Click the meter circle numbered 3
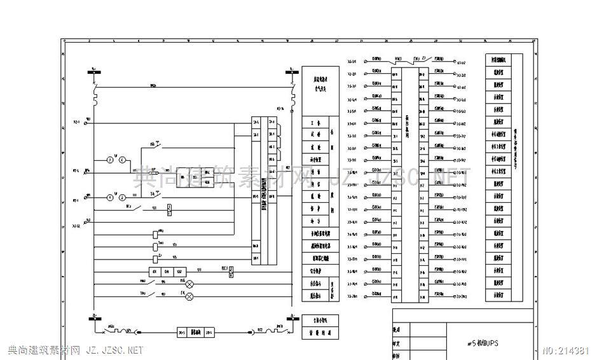click(109, 160)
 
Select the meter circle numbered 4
click(123, 160)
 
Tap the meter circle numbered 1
click(109, 198)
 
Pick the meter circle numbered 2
click(123, 198)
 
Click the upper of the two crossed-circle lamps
click(189, 284)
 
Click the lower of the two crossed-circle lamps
click(189, 296)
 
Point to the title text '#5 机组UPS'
click(487, 342)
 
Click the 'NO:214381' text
click(570, 350)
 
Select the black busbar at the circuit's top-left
click(94, 73)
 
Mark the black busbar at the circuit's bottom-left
click(94, 321)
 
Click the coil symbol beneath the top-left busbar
click(95, 98)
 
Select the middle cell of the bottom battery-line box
click(197, 332)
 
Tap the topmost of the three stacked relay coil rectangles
click(156, 233)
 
